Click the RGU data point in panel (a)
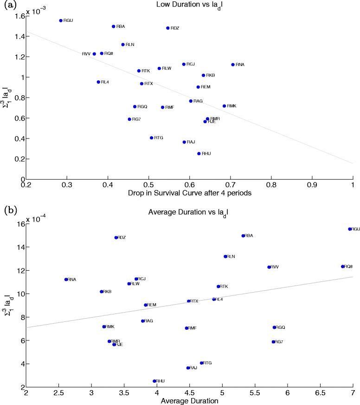pyautogui.click(x=61, y=20)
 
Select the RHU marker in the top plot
pyautogui.click(x=199, y=153)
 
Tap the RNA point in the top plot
pyautogui.click(x=233, y=65)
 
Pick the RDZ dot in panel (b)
pyautogui.click(x=116, y=237)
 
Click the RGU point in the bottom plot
pyautogui.click(x=350, y=229)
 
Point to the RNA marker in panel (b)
pyautogui.click(x=66, y=279)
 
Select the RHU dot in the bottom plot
pyautogui.click(x=154, y=381)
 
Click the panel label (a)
pyautogui.click(x=9, y=5)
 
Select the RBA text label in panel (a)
pyautogui.click(x=121, y=26)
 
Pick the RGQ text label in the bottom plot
pyautogui.click(x=280, y=327)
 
